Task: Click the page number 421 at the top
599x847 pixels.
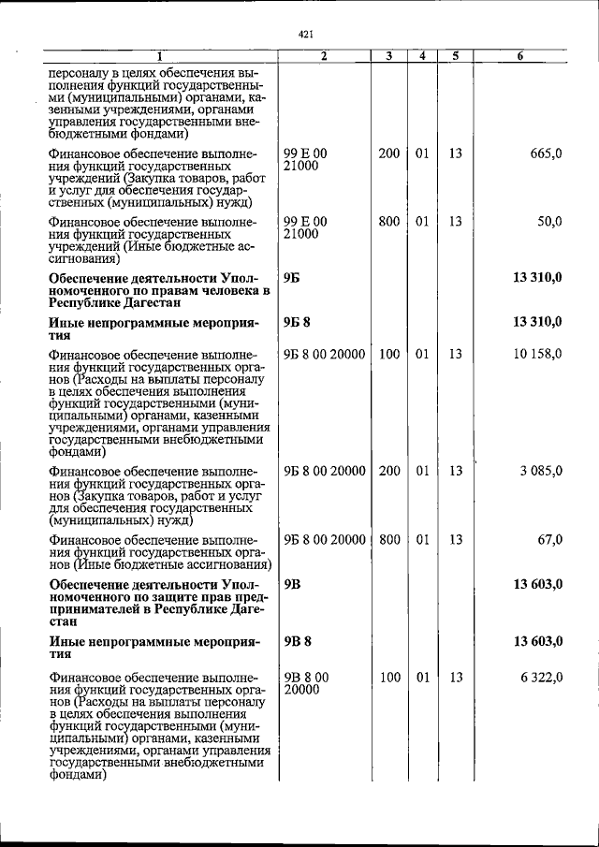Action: click(x=304, y=35)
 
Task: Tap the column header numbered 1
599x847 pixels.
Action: click(x=159, y=56)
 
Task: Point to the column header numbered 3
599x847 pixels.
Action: click(x=388, y=56)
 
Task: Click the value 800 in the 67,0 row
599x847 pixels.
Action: click(x=388, y=540)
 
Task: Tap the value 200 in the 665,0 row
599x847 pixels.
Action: click(x=388, y=153)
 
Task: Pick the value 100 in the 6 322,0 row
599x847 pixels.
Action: click(x=388, y=677)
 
